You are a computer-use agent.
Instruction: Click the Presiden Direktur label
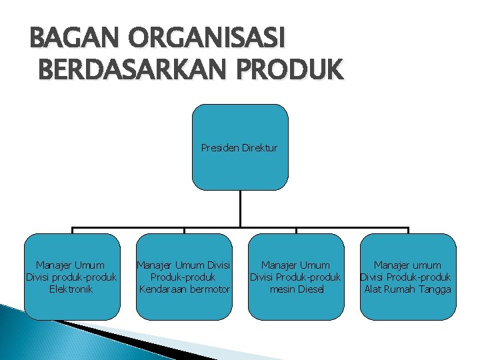pos(239,147)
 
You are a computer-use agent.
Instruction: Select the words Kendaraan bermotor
pos(184,289)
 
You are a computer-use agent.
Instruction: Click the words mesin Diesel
pos(295,289)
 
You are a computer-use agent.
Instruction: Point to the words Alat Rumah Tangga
pos(407,289)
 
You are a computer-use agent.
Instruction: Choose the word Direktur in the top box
pos(259,147)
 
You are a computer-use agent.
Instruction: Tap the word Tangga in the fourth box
pos(435,289)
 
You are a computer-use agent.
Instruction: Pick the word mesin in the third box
pos(281,289)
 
